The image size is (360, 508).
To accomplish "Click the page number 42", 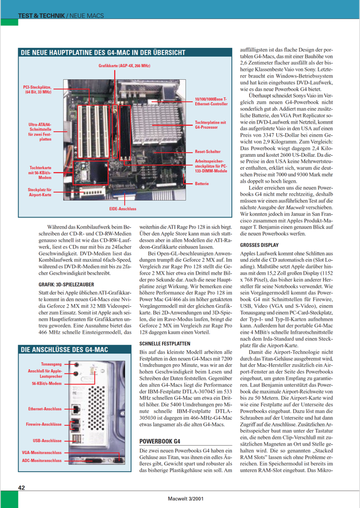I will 21,488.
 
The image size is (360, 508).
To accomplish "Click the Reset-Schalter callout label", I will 206,152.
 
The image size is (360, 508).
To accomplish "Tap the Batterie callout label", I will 202,184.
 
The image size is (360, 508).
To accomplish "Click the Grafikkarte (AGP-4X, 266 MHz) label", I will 124,66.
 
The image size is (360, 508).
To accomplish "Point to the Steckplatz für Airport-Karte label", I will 40,193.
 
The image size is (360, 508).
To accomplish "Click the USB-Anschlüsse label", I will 47,441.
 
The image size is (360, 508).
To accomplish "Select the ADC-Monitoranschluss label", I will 42,460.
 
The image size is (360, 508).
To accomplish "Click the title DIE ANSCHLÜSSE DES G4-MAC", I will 64,350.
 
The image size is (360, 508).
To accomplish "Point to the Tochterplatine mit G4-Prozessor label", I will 210,124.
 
